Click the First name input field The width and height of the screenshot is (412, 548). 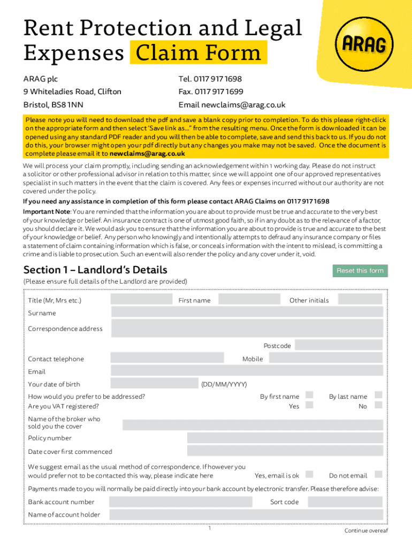tap(249, 300)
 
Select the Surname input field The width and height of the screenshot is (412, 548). tap(247, 313)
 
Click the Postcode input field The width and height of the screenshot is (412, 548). tap(339, 346)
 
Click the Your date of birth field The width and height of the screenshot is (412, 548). tap(154, 384)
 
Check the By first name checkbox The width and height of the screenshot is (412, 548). tap(309, 395)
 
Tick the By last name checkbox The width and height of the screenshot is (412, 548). tap(378, 395)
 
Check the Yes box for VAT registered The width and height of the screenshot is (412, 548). tap(309, 406)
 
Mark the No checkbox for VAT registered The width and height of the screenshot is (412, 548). tap(378, 406)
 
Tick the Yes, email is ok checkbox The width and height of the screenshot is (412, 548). tap(309, 475)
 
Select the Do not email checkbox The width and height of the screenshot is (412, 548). tap(378, 475)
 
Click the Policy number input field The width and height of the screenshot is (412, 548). tap(285, 438)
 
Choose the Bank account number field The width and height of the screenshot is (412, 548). tap(181, 502)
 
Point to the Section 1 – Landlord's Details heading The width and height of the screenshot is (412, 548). tap(95, 270)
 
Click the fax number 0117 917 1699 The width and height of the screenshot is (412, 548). tap(211, 92)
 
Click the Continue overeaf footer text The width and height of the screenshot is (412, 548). tap(366, 530)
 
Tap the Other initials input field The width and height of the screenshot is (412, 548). tap(358, 300)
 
